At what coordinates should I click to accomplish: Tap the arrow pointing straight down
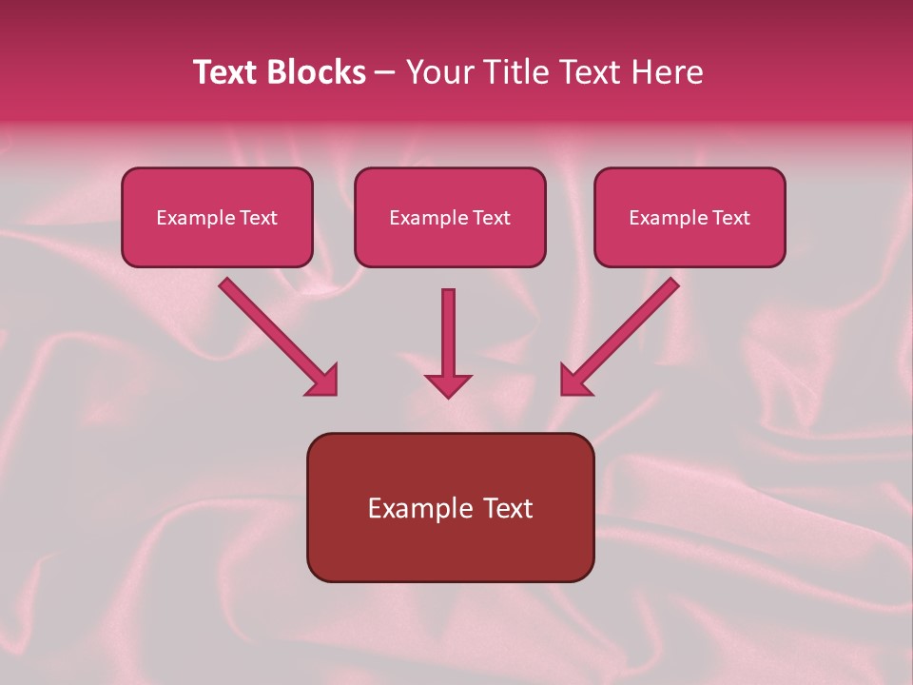448,333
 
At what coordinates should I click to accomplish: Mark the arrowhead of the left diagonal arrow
323,380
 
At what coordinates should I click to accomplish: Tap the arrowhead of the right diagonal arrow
574,380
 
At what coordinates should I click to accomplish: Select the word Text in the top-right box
730,218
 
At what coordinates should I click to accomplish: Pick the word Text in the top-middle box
491,218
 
